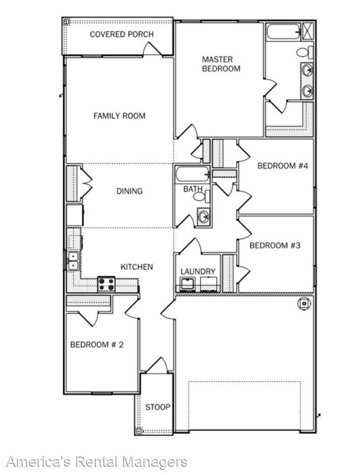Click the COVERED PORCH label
(122, 34)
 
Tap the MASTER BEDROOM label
(217, 64)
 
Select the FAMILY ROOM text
(119, 116)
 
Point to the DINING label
(129, 191)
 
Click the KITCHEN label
(137, 267)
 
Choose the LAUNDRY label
(198, 271)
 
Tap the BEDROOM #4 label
(282, 166)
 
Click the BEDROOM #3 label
(275, 245)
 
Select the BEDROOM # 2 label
(96, 344)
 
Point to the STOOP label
(158, 407)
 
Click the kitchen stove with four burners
(106, 284)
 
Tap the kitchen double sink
(73, 261)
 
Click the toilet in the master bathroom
(302, 53)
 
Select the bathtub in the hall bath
(192, 175)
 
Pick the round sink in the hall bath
(203, 216)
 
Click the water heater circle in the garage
(304, 303)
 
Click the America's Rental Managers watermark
(96, 461)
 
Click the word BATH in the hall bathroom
(193, 189)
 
